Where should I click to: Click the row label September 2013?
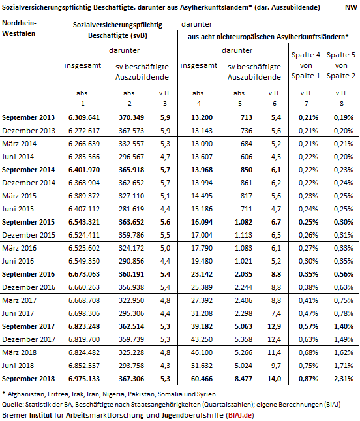pyautogui.click(x=28, y=117)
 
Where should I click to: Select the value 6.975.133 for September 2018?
pyautogui.click(x=84, y=379)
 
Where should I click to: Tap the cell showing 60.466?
pyautogui.click(x=202, y=379)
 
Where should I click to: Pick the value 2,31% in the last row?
pyautogui.click(x=343, y=379)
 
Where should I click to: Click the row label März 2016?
pyautogui.click(x=19, y=248)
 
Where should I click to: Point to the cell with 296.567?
pyautogui.click(x=132, y=157)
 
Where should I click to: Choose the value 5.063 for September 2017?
pyautogui.click(x=243, y=326)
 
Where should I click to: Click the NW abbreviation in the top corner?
pyautogui.click(x=351, y=7)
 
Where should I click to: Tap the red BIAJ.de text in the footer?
pyautogui.click(x=240, y=415)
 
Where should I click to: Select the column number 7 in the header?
pyautogui.click(x=306, y=104)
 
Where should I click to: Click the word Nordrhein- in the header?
pyautogui.click(x=19, y=23)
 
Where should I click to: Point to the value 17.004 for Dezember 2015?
pyautogui.click(x=202, y=235)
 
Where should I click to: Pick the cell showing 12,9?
pyautogui.click(x=274, y=326)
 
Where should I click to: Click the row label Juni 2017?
pyautogui.click(x=18, y=313)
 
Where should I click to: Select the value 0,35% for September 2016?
pyautogui.click(x=308, y=274)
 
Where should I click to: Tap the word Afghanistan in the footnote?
pyautogui.click(x=26, y=394)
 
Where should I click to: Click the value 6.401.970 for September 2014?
pyautogui.click(x=84, y=170)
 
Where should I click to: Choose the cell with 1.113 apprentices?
pyautogui.click(x=243, y=235)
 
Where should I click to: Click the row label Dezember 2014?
pyautogui.click(x=29, y=183)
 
